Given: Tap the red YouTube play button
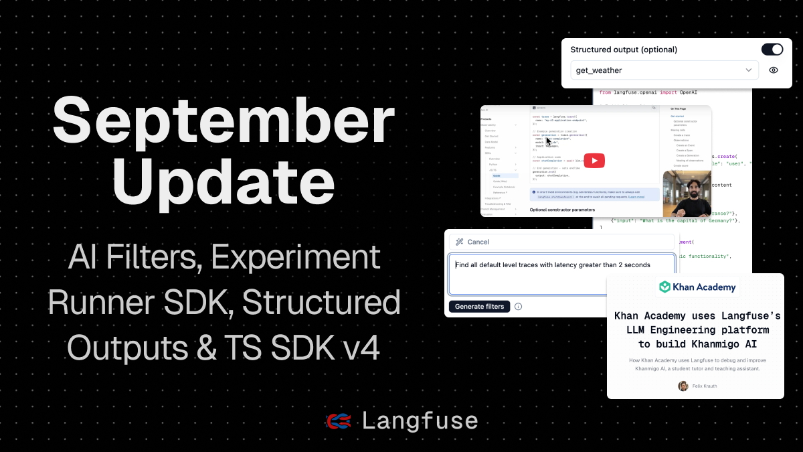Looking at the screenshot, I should coord(594,161).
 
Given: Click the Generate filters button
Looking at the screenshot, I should coord(478,307).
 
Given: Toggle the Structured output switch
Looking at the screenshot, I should coord(772,50).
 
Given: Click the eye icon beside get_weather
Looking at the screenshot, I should coord(774,70).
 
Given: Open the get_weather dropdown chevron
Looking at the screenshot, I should coord(749,70).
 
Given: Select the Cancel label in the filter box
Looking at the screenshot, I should coord(478,242).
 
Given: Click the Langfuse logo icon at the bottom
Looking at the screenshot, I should coord(339,421).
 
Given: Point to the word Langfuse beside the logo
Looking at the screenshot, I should coord(420,421).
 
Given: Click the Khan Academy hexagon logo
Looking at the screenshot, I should coord(664,287).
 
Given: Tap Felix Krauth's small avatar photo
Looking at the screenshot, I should coord(683,386).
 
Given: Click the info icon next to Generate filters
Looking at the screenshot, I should coord(518,307).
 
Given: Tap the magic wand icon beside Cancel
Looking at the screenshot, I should coord(460,242).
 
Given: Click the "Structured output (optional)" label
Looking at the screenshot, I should coord(624,50).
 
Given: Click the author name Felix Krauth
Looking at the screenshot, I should coord(705,386).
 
